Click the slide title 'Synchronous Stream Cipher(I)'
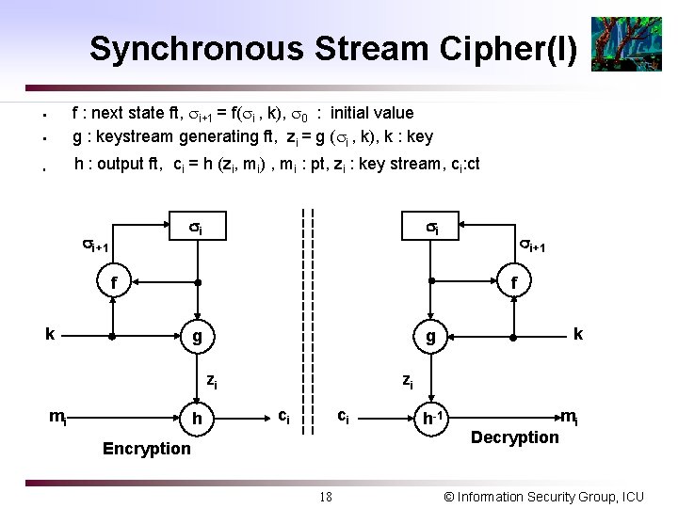(332, 48)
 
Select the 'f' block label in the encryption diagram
(114, 281)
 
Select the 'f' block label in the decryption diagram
(513, 281)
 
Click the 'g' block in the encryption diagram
(197, 336)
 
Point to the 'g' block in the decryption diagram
(430, 336)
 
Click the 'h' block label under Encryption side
(197, 418)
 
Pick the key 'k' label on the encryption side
(51, 333)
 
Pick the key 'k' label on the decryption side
(577, 333)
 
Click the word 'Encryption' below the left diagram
(146, 449)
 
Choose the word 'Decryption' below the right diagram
(514, 437)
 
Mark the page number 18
(326, 496)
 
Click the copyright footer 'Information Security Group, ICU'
(543, 496)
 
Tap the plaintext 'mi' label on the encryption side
(58, 418)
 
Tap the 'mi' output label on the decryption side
(570, 417)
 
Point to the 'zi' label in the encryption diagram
(213, 381)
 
